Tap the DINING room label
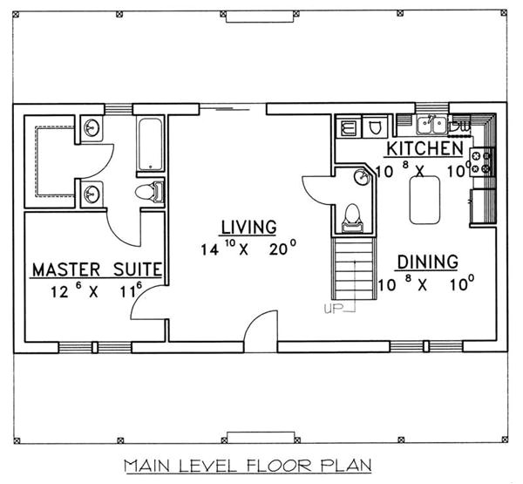point(427,262)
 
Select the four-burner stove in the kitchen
point(481,161)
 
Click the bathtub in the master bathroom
point(151,144)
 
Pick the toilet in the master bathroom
point(149,192)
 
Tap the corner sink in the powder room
point(362,177)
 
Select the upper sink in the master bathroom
point(92,129)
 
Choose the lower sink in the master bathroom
point(92,193)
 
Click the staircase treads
point(347,270)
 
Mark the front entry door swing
point(260,336)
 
